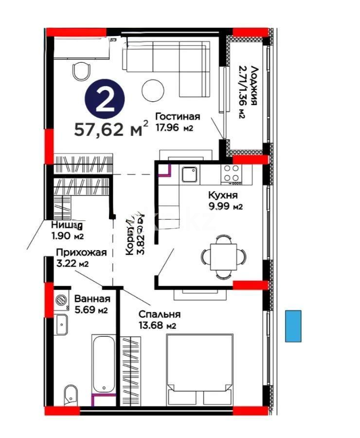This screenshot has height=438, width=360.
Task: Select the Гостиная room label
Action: [x=178, y=116]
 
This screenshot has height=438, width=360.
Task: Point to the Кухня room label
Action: [x=222, y=196]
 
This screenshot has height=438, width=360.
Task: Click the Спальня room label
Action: [x=159, y=314]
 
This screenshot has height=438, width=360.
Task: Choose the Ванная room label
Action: [x=92, y=299]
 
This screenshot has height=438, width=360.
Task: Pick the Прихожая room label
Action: [x=81, y=253]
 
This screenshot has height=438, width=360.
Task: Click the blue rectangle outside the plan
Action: [x=293, y=326]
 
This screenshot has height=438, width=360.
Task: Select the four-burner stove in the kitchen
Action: [x=232, y=174]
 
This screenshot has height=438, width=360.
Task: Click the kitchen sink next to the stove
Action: [x=189, y=174]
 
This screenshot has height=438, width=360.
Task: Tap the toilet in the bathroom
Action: [x=71, y=393]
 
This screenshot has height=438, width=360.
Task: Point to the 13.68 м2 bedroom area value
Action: [x=157, y=325]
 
